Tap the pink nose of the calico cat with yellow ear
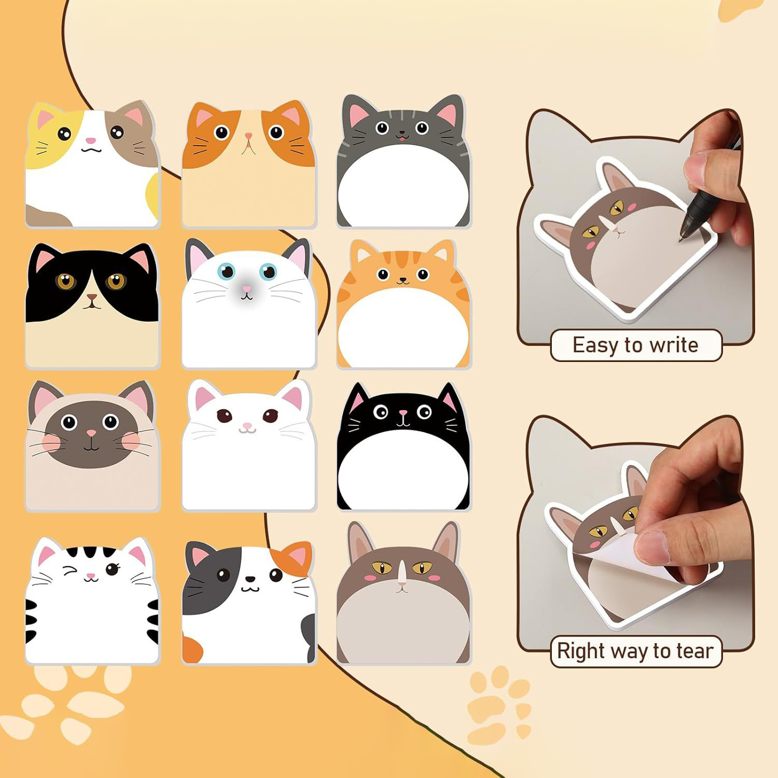pyautogui.click(x=90, y=140)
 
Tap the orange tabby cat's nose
pyautogui.click(x=402, y=281)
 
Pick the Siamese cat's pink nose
pyautogui.click(x=91, y=433)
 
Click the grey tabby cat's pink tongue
pyautogui.click(x=401, y=138)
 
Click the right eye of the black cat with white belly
pyautogui.click(x=424, y=412)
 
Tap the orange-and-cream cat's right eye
pyautogui.click(x=276, y=132)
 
